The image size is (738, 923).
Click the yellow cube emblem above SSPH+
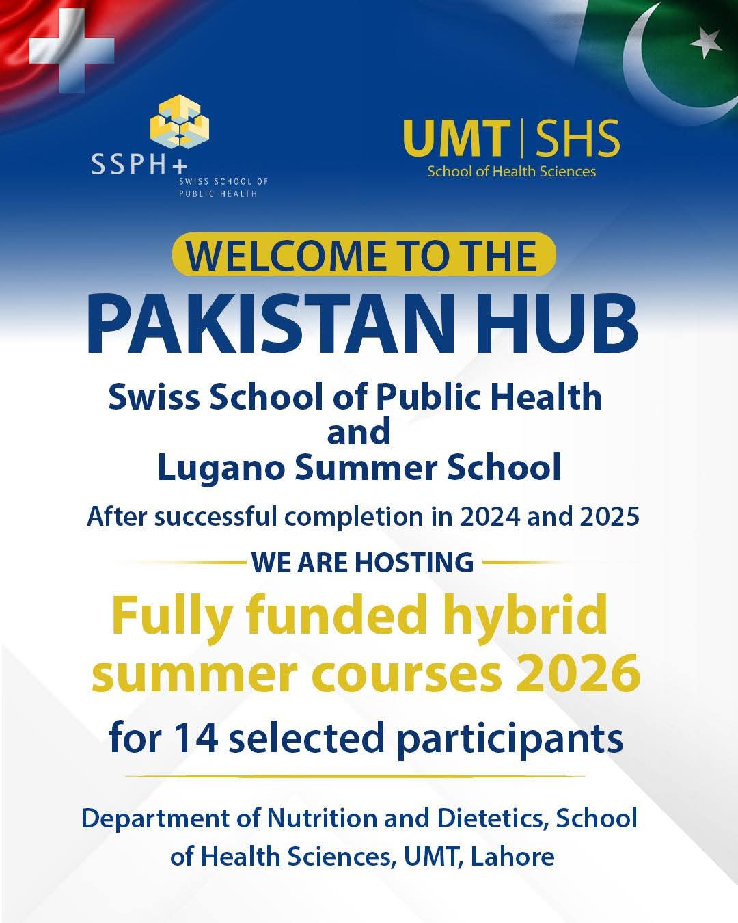click(180, 120)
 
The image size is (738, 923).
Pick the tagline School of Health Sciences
click(512, 172)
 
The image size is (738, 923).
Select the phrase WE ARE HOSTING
click(362, 562)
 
